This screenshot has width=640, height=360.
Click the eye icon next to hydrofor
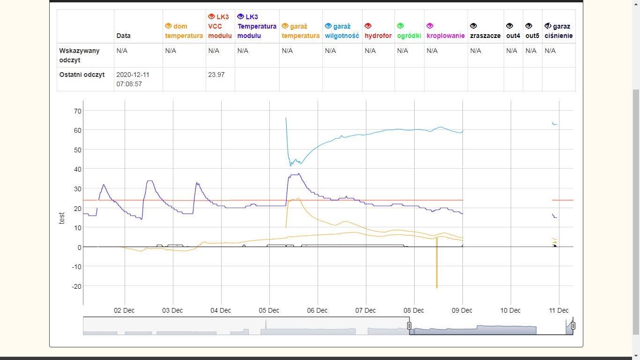pyautogui.click(x=368, y=26)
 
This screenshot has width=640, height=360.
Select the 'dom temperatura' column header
pyautogui.click(x=184, y=31)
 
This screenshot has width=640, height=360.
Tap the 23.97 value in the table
pyautogui.click(x=216, y=75)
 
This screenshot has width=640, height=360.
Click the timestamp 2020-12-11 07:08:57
pyautogui.click(x=133, y=79)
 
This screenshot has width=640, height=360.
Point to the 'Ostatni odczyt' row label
pyautogui.click(x=82, y=75)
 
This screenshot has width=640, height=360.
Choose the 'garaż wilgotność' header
pyautogui.click(x=342, y=31)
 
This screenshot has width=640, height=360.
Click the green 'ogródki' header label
pyautogui.click(x=409, y=36)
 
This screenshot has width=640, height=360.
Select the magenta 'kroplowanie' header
pyautogui.click(x=446, y=36)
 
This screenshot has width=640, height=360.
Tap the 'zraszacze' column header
pyautogui.click(x=485, y=36)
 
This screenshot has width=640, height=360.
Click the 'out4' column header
pyautogui.click(x=513, y=36)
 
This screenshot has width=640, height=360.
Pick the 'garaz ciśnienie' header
pyautogui.click(x=558, y=31)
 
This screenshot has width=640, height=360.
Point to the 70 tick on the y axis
pyautogui.click(x=77, y=111)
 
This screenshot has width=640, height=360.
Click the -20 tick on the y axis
pyautogui.click(x=76, y=286)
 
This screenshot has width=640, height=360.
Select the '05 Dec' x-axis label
pyautogui.click(x=269, y=310)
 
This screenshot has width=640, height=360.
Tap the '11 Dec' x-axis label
pyautogui.click(x=558, y=310)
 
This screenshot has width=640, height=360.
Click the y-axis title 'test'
pyautogui.click(x=62, y=217)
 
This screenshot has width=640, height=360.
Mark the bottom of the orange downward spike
pyautogui.click(x=437, y=287)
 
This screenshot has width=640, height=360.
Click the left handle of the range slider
pyautogui.click(x=409, y=326)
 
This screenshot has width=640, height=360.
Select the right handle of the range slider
pyautogui.click(x=573, y=326)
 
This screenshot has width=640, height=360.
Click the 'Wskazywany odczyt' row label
pyautogui.click(x=79, y=55)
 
